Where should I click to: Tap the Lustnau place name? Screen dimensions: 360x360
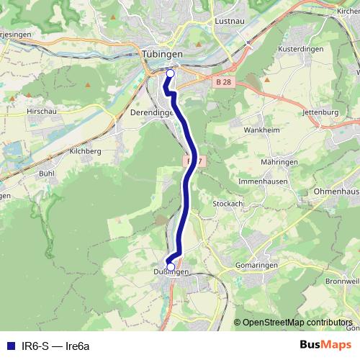click(x=230, y=22)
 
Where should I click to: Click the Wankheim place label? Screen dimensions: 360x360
click(x=260, y=131)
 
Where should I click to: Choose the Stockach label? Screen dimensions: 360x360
click(x=228, y=204)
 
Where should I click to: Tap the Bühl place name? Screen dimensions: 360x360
click(x=48, y=174)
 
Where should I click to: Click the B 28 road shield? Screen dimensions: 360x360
click(x=223, y=83)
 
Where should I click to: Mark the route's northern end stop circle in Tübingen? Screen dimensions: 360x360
click(x=171, y=73)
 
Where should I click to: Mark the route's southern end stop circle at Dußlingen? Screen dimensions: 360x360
click(x=171, y=266)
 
